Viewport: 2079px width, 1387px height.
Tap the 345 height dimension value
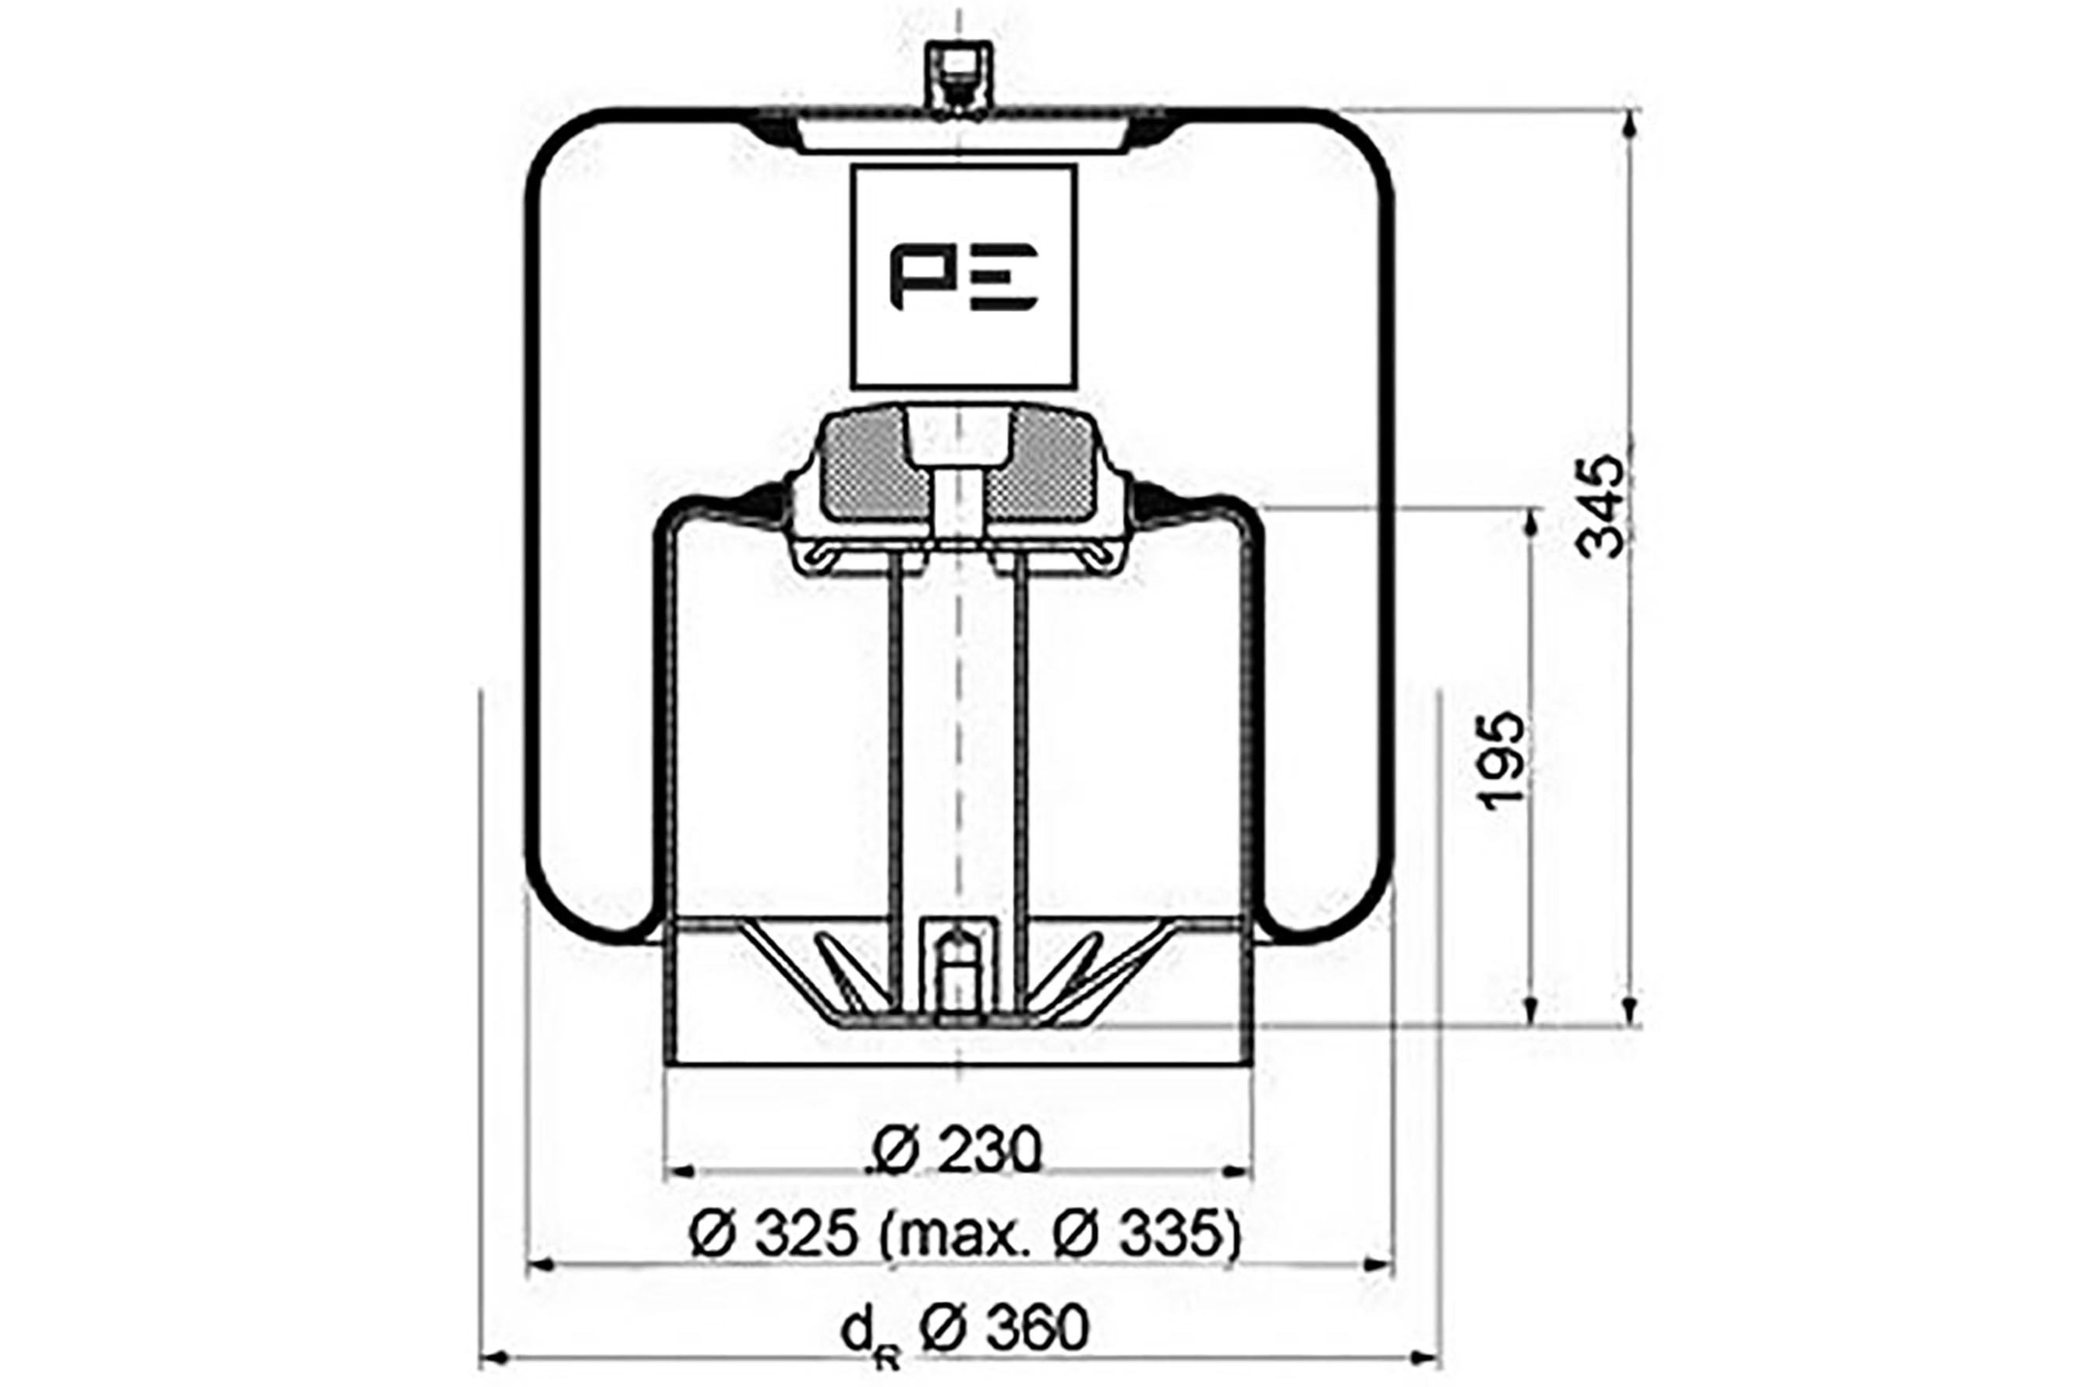(x=1600, y=506)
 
